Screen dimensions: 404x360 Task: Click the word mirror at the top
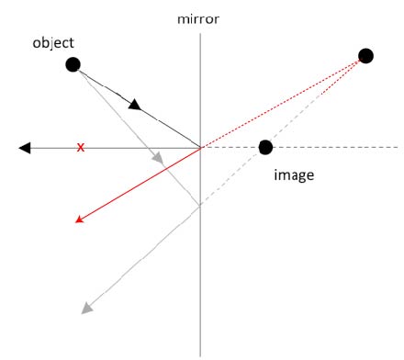coord(200,17)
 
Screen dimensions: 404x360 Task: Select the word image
coord(294,174)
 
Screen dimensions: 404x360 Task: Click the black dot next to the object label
coord(73,63)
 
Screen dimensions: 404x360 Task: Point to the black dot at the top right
coord(365,56)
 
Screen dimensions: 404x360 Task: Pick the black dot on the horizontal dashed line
coord(265,147)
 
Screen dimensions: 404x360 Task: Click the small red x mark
coord(81,147)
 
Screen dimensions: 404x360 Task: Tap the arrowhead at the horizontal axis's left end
coord(25,147)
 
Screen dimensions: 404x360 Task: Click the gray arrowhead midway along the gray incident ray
coord(158,158)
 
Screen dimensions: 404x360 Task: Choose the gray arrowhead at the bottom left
coord(87,308)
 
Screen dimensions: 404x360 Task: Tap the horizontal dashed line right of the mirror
coord(340,147)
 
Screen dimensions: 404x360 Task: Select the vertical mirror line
coord(200,276)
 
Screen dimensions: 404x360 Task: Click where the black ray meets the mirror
coord(200,147)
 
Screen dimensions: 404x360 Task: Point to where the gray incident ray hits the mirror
coord(200,206)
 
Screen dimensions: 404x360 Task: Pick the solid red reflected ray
coord(138,185)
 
